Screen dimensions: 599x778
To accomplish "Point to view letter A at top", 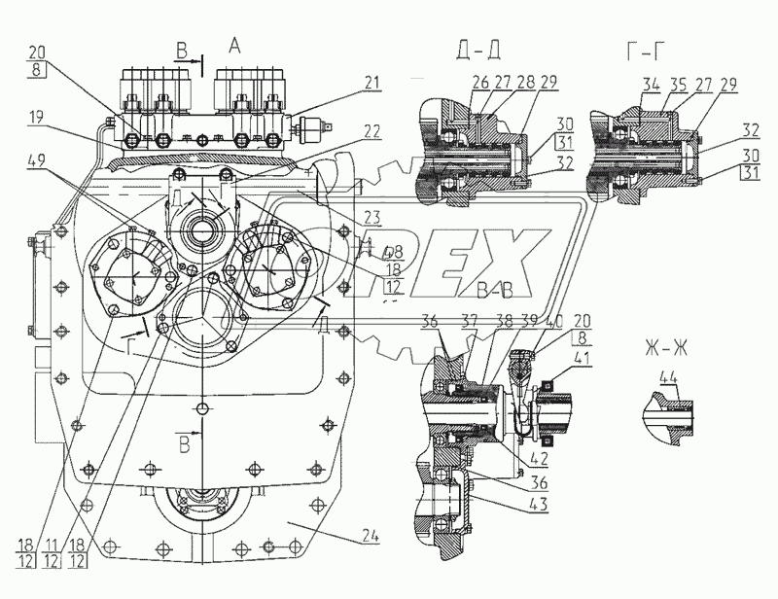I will pyautogui.click(x=233, y=44).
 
